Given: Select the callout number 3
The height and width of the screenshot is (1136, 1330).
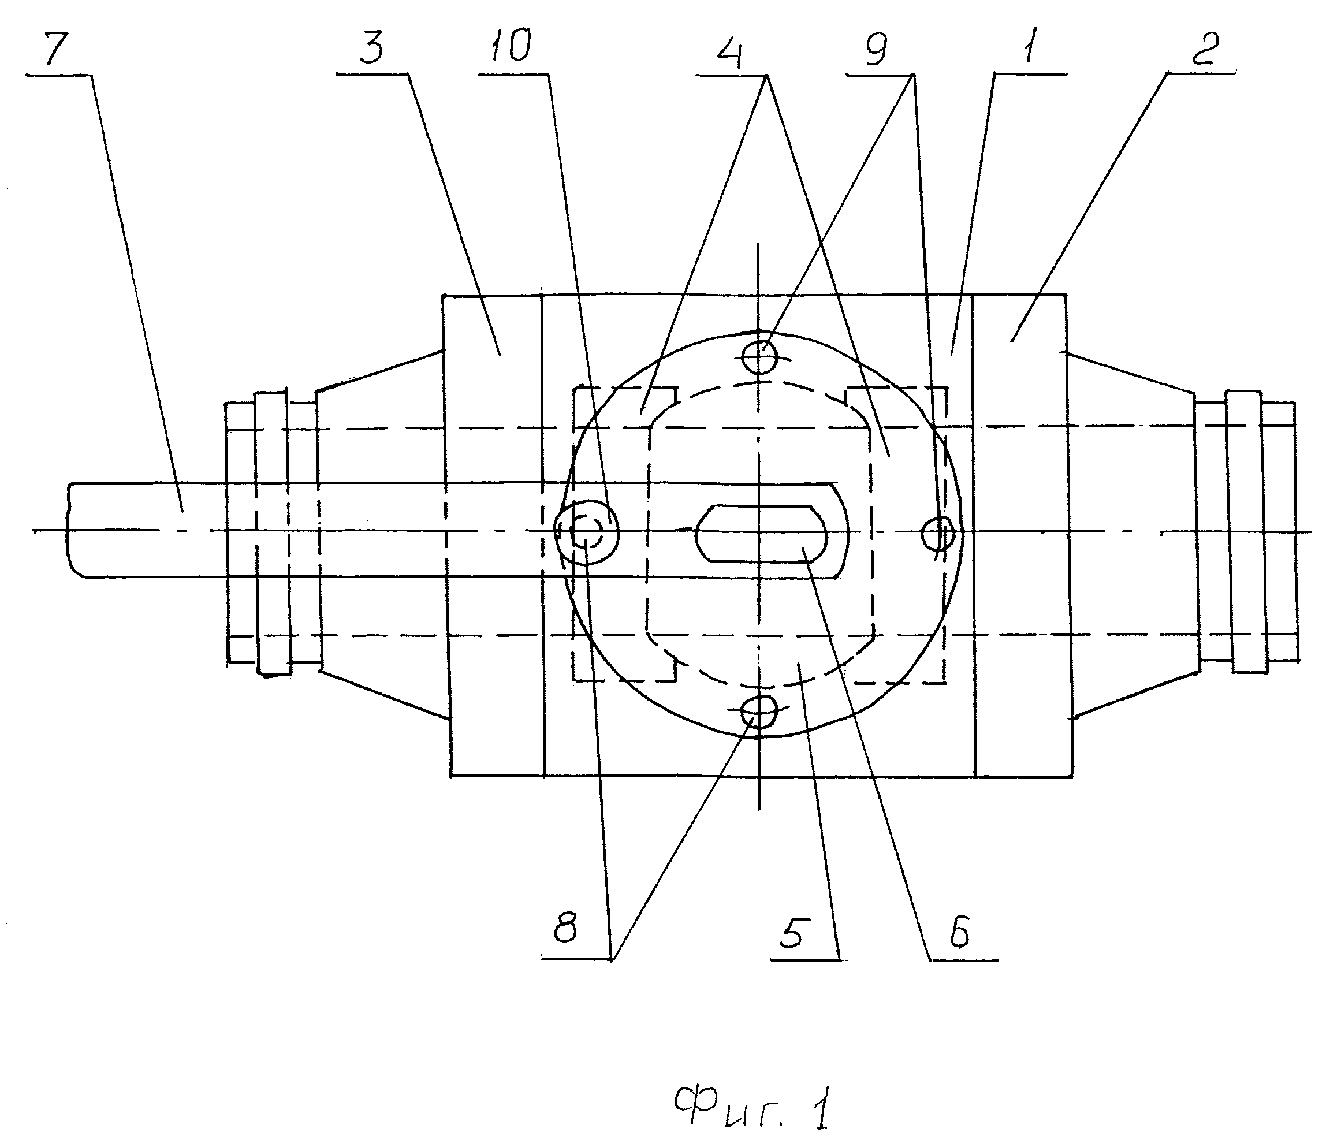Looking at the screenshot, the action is pyautogui.click(x=370, y=49).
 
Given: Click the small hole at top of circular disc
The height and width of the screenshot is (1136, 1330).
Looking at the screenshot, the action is pyautogui.click(x=759, y=356).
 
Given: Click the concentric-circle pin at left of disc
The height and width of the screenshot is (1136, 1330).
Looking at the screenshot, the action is pyautogui.click(x=587, y=531).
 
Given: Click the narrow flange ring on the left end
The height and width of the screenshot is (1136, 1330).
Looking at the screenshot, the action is pyautogui.click(x=272, y=531).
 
